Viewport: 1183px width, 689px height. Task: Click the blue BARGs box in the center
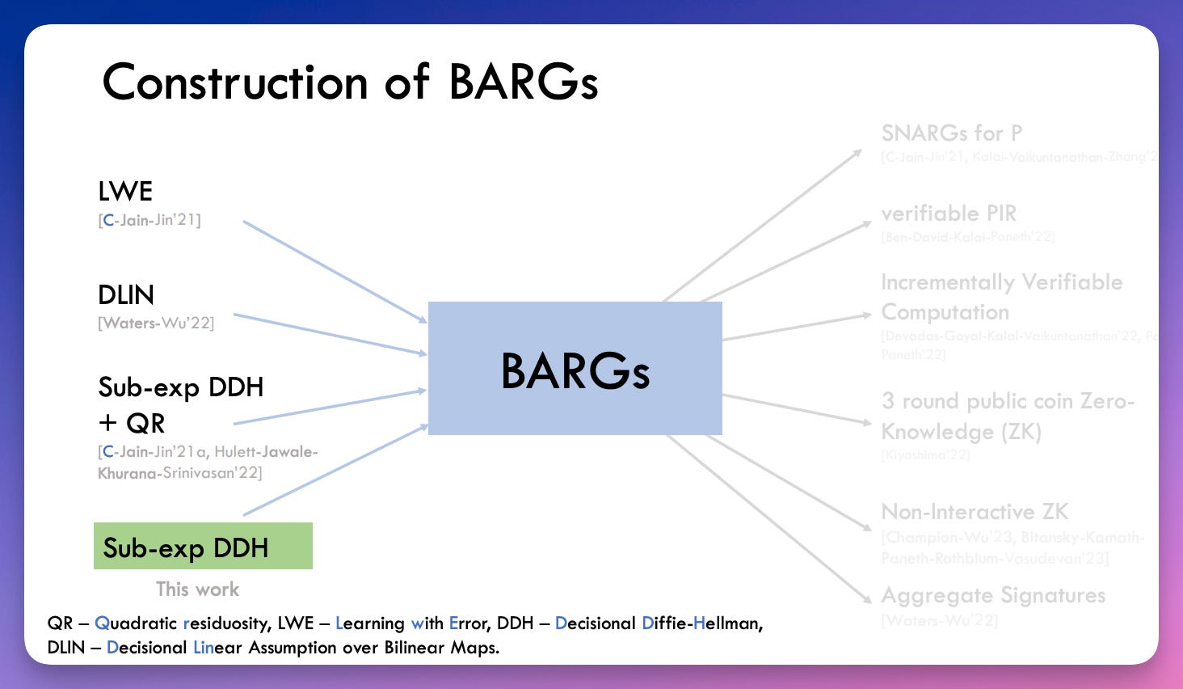pos(575,369)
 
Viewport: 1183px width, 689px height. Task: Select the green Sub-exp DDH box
pos(203,547)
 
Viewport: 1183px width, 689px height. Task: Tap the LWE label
pos(125,192)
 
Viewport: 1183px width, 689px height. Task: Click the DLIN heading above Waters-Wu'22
pos(126,295)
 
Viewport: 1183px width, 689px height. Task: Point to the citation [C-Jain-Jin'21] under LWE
pos(149,220)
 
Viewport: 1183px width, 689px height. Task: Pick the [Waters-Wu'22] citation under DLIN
pos(156,323)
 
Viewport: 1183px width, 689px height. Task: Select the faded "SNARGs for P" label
pos(952,133)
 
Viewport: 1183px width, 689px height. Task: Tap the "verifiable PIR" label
pos(949,213)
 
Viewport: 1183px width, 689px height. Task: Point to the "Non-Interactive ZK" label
pos(975,512)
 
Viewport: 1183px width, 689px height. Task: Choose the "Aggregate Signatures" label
pos(993,595)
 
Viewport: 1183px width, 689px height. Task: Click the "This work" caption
pos(198,590)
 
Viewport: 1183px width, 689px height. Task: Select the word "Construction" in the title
pos(235,82)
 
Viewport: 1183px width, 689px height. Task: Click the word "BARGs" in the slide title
pos(524,82)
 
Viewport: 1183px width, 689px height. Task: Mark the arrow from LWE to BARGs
pos(335,272)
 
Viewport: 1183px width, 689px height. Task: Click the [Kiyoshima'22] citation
pos(925,455)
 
